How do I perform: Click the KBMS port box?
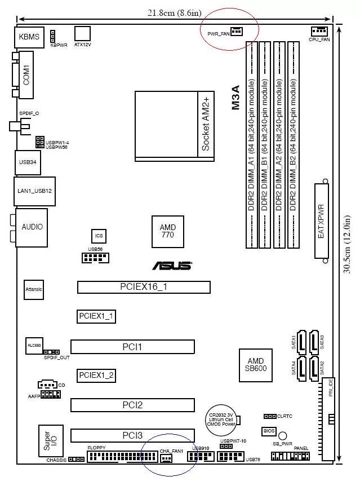pyautogui.click(x=30, y=37)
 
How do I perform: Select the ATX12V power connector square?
pyautogui.click(x=83, y=33)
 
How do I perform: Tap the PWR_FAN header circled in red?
pyautogui.click(x=237, y=31)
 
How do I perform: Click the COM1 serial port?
pyautogui.click(x=25, y=75)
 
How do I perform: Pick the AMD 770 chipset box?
pyautogui.click(x=167, y=231)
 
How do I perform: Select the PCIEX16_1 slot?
pyautogui.click(x=144, y=287)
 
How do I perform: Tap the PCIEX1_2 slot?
pyautogui.click(x=96, y=375)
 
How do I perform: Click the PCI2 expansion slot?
pyautogui.click(x=132, y=405)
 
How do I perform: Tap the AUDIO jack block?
pyautogui.click(x=32, y=227)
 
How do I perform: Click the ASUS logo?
pyautogui.click(x=171, y=266)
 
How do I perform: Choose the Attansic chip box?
pyautogui.click(x=34, y=289)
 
